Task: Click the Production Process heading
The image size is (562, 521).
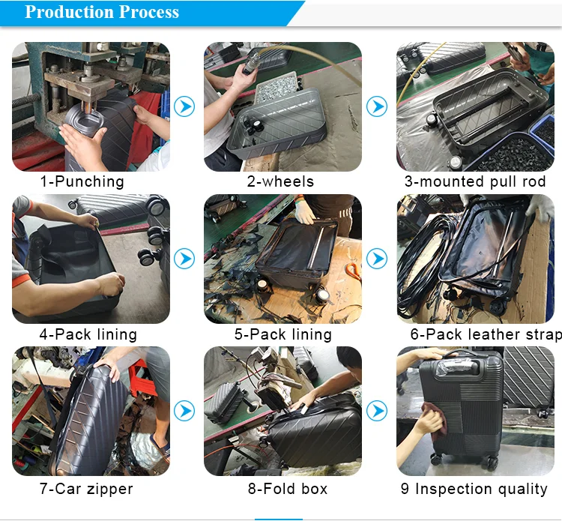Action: [102, 12]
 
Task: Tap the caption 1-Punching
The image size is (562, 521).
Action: [82, 181]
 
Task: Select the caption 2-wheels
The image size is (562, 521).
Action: [280, 181]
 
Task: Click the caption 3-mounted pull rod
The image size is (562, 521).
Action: [475, 181]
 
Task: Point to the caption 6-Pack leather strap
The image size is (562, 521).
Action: [486, 334]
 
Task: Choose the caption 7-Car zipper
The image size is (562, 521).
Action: [86, 489]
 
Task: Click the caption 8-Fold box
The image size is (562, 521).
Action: [288, 489]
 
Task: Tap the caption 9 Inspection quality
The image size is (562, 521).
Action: [474, 489]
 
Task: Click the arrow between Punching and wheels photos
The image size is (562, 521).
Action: [184, 106]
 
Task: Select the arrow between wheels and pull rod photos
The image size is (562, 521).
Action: [377, 106]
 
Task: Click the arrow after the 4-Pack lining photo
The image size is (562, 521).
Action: [184, 259]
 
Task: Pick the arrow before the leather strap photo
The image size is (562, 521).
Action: [377, 259]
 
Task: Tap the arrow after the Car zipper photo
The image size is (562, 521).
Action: [184, 411]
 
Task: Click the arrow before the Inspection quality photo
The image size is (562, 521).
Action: [377, 411]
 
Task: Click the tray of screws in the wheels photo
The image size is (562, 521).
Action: [277, 86]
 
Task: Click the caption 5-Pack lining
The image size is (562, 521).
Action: [283, 334]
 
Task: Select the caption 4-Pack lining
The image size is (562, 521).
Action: [88, 334]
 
